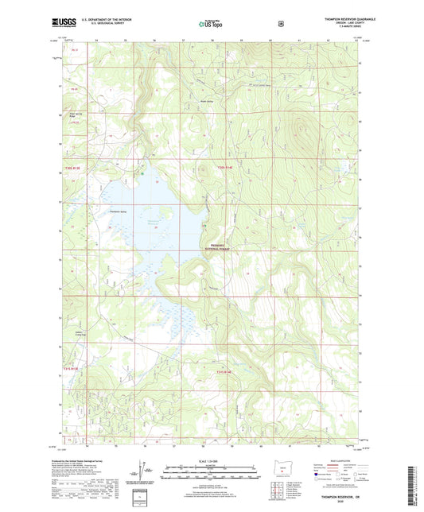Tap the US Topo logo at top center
(211, 25)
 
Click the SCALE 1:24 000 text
(212, 462)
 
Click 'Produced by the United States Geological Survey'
(78, 466)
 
